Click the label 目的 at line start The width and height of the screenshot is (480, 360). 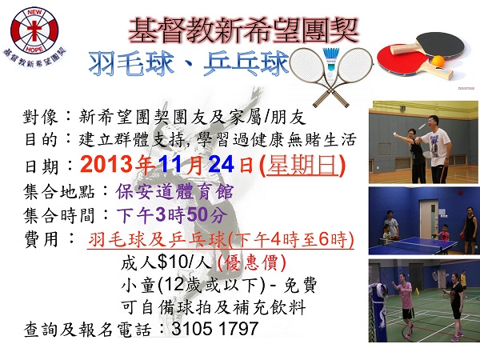point(38,140)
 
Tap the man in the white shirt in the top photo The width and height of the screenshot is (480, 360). point(435,141)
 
